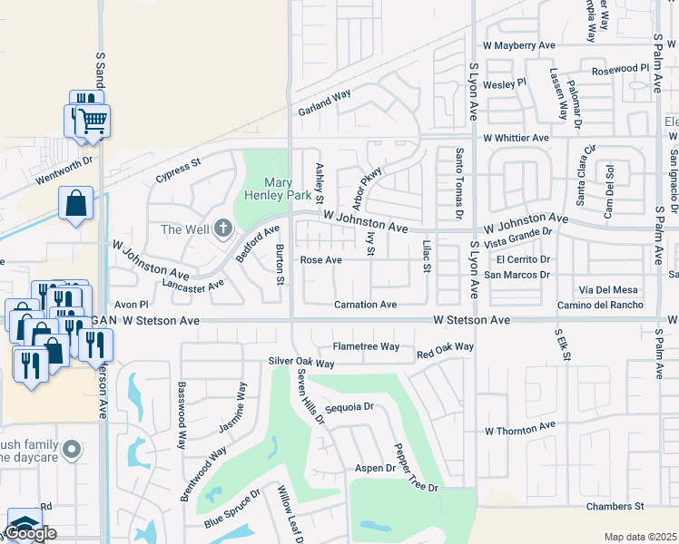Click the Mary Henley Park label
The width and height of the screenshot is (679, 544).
279,188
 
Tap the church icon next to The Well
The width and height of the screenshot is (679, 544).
223,228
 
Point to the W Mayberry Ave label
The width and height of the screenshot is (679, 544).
518,44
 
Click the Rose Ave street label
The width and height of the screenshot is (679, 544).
320,260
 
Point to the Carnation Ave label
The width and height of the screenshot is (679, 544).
365,305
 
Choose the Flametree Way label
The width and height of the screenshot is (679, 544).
366,346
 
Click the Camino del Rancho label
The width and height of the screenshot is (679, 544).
600,305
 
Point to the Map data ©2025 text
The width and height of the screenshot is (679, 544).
641,537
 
